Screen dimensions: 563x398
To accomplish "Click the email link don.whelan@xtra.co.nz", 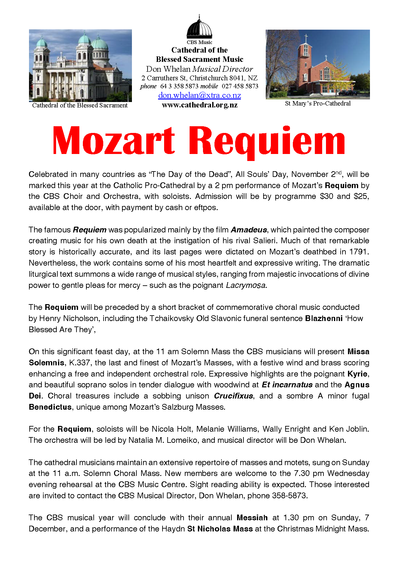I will coord(199,95).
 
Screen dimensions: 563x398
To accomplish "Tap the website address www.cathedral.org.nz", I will coord(199,105).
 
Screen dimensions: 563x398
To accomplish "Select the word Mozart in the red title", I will coord(114,141).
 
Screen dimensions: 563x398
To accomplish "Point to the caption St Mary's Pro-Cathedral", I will coord(318,103).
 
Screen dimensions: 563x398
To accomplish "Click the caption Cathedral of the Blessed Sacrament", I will coord(80,105).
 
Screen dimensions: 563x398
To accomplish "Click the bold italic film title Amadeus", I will coord(249,230).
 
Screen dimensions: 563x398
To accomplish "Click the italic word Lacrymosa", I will coord(246,285).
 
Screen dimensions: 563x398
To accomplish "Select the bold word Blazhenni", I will coord(324,318).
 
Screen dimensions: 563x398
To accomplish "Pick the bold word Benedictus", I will coord(50,407).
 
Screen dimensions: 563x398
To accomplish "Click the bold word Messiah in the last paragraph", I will coord(252,518).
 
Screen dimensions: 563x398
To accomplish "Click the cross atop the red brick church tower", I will coord(306,38).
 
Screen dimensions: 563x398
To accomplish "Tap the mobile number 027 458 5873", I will coord(240,86).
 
